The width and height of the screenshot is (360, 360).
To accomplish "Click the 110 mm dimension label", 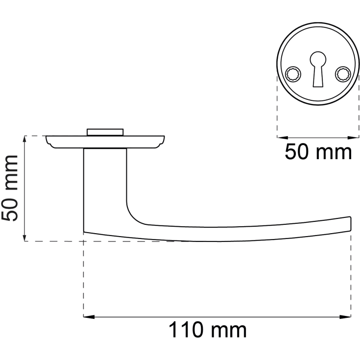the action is pos(208,330).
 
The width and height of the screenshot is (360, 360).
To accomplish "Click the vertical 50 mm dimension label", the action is pos(10,189).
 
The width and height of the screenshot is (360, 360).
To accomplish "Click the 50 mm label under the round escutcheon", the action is pos(318,152).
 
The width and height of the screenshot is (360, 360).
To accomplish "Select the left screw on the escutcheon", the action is pos(293,74).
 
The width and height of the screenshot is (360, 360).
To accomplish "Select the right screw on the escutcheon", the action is pos(343,74).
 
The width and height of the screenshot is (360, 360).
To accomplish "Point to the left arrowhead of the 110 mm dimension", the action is pos(89,317).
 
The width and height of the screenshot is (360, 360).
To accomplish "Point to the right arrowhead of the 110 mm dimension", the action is pos(345,317).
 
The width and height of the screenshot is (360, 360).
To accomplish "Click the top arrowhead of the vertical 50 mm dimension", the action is pos(24,142).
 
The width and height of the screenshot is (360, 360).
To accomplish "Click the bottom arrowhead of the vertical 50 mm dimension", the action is pos(24,236).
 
